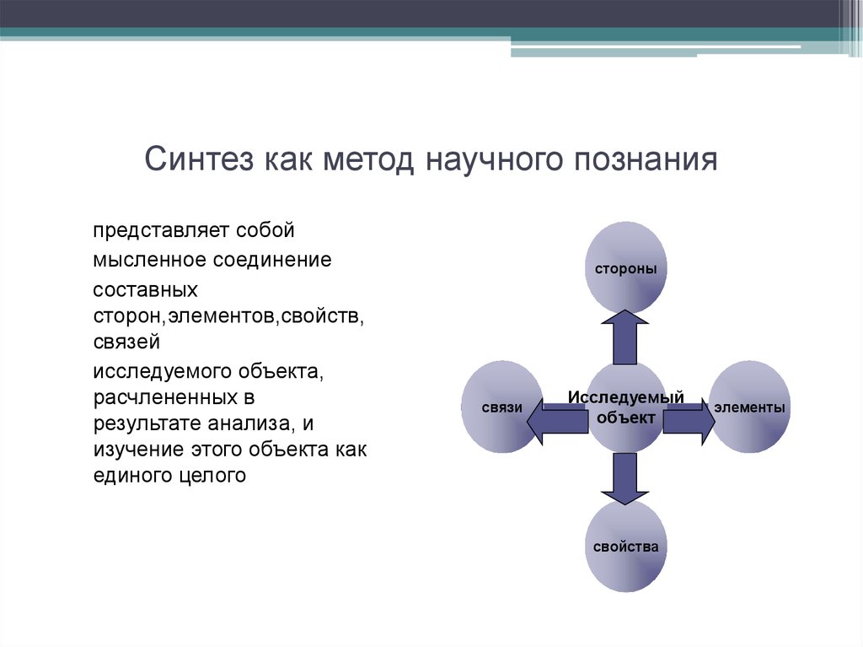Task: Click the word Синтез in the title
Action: point(199,159)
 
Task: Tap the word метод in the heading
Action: point(367,159)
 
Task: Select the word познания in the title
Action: point(646,159)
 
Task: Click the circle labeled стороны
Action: point(625,268)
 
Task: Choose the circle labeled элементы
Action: point(749,407)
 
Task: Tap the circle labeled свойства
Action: point(625,546)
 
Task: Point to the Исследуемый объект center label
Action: point(626,407)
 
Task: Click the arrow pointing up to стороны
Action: point(625,337)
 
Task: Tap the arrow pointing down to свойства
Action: point(625,478)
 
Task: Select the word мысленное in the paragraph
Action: point(150,260)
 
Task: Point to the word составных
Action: point(145,290)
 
